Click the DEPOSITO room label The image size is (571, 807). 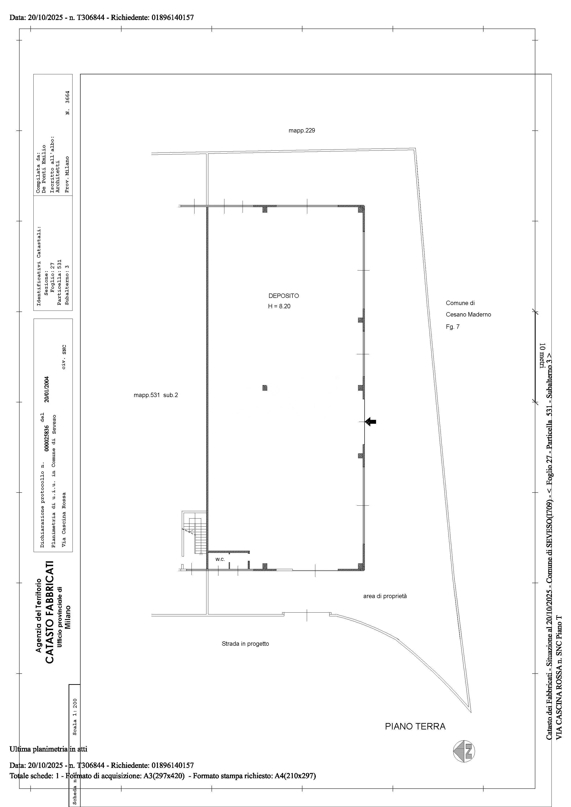(x=283, y=296)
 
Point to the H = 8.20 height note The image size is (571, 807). (x=279, y=306)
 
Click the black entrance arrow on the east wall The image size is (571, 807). (x=371, y=421)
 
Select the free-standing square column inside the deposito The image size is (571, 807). (x=265, y=388)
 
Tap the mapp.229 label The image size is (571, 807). (x=302, y=130)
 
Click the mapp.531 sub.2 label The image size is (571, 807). (x=156, y=395)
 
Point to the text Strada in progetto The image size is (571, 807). (x=245, y=644)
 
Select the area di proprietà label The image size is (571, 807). (x=385, y=596)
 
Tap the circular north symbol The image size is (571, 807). (x=464, y=752)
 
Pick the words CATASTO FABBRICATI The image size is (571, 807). (x=50, y=612)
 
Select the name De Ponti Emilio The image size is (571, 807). (x=44, y=169)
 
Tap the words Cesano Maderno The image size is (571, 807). (x=468, y=314)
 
